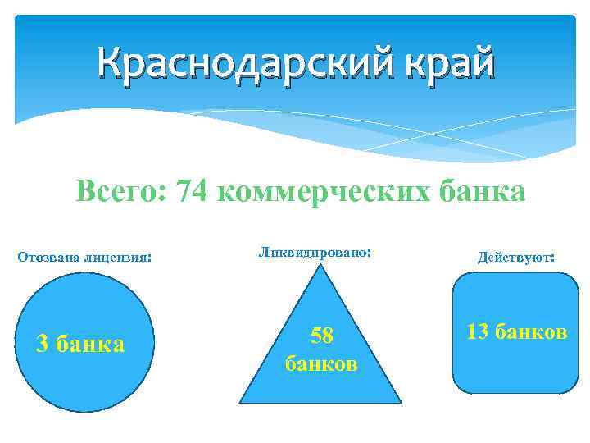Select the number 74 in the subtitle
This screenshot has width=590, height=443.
(x=195, y=192)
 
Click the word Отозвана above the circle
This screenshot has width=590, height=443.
(x=47, y=257)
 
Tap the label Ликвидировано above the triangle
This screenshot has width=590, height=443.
(x=314, y=252)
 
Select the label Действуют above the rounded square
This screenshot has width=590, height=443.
(x=515, y=257)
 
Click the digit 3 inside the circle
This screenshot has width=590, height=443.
(x=43, y=343)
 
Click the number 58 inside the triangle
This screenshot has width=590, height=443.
(x=320, y=336)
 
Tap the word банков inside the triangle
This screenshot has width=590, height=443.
(x=320, y=362)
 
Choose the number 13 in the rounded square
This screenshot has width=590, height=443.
(x=478, y=331)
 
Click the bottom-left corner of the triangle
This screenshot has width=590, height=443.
(x=240, y=402)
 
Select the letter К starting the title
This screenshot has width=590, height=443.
(x=108, y=64)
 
